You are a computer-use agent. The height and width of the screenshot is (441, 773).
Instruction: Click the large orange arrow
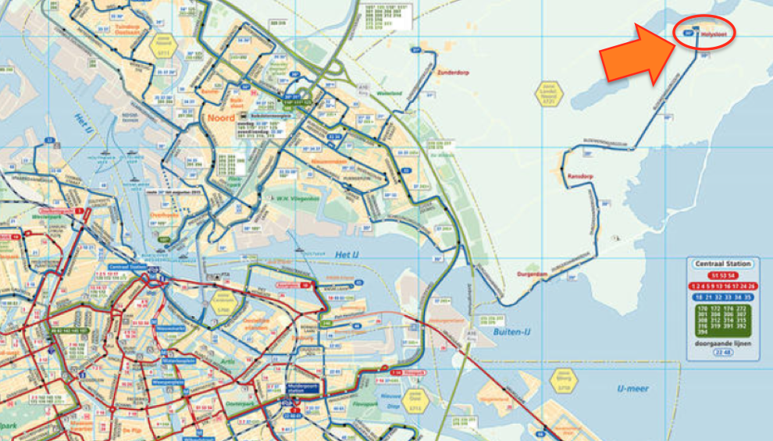click(636, 55)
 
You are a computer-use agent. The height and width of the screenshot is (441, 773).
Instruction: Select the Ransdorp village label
click(582, 176)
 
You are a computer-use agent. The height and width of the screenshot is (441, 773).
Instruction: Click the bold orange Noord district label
click(220, 119)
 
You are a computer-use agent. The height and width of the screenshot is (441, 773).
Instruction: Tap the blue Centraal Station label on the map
click(128, 267)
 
